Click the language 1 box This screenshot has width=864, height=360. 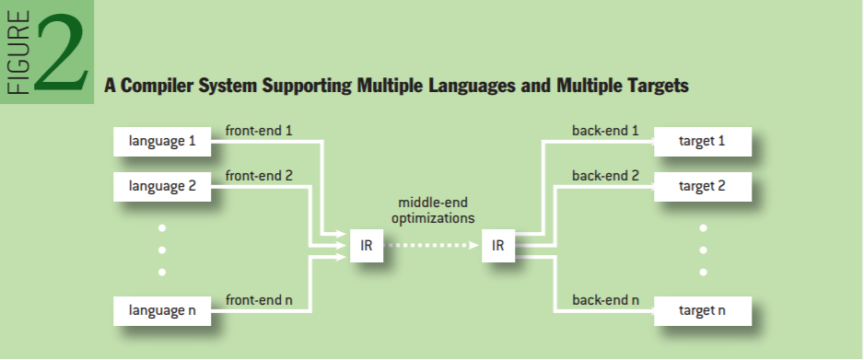click(162, 142)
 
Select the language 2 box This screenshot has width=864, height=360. click(162, 187)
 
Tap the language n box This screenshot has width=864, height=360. click(162, 311)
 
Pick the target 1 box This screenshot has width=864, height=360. click(703, 142)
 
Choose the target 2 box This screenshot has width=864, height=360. click(703, 187)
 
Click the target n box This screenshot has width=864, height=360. click(703, 311)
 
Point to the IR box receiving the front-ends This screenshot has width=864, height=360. click(367, 246)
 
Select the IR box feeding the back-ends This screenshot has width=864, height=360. click(498, 246)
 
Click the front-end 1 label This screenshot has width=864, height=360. click(259, 131)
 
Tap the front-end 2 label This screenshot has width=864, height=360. click(259, 176)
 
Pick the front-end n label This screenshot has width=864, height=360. click(259, 300)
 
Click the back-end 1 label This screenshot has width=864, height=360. click(605, 131)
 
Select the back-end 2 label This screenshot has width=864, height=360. click(605, 176)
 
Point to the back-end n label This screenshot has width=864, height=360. click(605, 300)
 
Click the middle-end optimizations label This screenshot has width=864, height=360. click(433, 211)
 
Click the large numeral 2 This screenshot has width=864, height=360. click(61, 52)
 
